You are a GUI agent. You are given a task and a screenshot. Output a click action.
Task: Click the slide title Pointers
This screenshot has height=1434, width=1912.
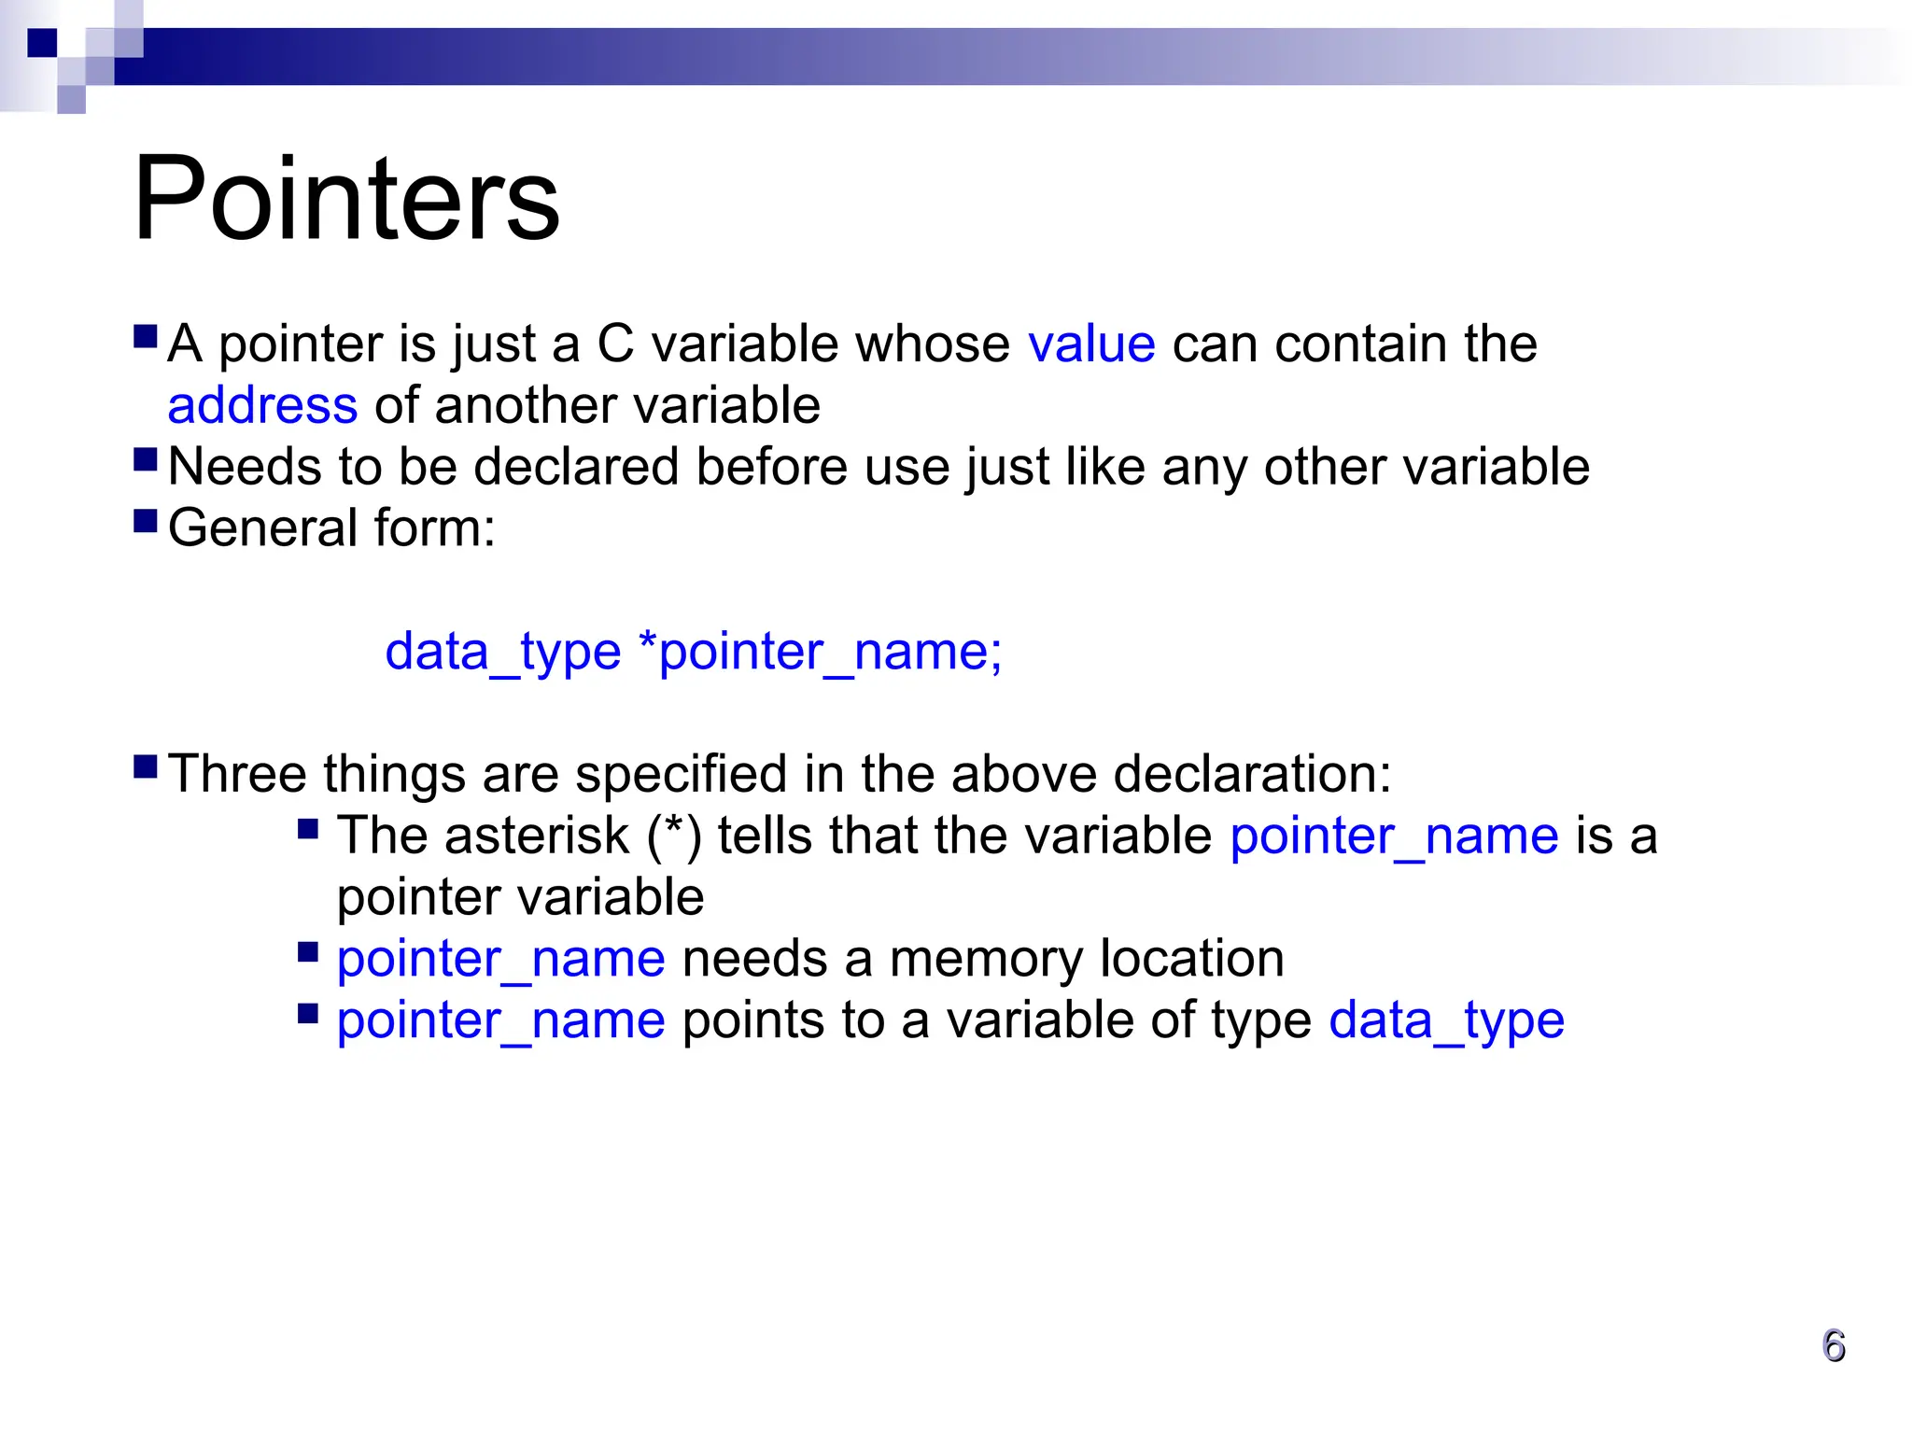[x=346, y=199]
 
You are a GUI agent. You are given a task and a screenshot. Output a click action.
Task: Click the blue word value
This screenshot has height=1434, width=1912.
[x=1091, y=344]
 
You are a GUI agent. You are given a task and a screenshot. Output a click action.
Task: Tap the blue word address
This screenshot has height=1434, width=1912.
[x=262, y=405]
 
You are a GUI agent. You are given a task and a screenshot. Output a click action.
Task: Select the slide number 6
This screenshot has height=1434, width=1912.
[x=1834, y=1346]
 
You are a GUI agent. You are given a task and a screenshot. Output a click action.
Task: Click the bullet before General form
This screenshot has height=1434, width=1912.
[x=146, y=520]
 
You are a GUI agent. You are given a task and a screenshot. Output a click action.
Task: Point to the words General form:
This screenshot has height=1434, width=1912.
[x=331, y=527]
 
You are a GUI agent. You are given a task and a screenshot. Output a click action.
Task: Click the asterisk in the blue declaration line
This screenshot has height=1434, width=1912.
[x=647, y=644]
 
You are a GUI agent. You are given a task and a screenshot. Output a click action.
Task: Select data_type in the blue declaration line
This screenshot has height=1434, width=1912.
[x=502, y=651]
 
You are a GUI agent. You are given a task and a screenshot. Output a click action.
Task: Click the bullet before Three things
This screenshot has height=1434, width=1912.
[x=146, y=766]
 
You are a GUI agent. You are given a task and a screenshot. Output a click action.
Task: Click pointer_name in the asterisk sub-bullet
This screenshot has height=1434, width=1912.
[x=1394, y=835]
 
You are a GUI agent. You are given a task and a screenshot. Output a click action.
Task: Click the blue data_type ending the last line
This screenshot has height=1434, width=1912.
[x=1446, y=1020]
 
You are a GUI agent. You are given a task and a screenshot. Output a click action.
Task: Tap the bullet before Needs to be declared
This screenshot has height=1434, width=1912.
[x=146, y=458]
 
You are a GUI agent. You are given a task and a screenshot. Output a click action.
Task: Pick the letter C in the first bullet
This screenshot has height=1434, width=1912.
[x=615, y=344]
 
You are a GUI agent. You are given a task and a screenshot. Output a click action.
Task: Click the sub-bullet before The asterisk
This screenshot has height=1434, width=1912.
[x=308, y=828]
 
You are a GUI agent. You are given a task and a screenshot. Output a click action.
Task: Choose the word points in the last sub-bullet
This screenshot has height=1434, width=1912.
[x=752, y=1020]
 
